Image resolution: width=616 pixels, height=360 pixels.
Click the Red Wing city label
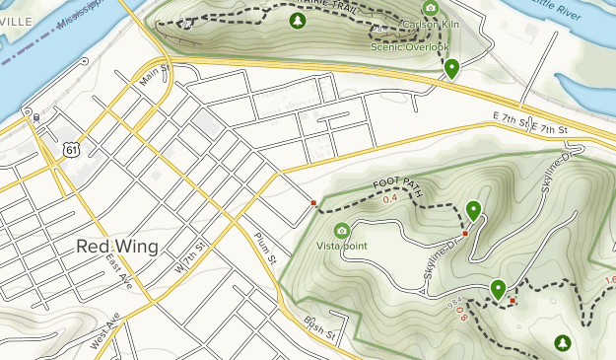pos(115,247)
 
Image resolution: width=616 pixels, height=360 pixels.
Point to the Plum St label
pos(262,243)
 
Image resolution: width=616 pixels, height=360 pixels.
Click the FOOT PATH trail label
pos(399,187)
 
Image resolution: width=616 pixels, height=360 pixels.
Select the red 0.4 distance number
pos(389,199)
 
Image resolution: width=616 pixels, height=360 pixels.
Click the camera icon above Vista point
pos(342,230)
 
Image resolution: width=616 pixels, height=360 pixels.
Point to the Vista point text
pos(342,245)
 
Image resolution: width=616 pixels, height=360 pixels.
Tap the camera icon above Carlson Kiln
pos(430,8)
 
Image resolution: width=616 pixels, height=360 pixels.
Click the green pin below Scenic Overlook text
pos(451,68)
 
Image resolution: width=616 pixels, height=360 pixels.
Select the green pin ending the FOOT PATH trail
pos(474,210)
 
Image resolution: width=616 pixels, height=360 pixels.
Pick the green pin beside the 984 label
pos(499,289)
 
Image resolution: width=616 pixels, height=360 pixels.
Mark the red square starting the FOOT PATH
pos(313,204)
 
